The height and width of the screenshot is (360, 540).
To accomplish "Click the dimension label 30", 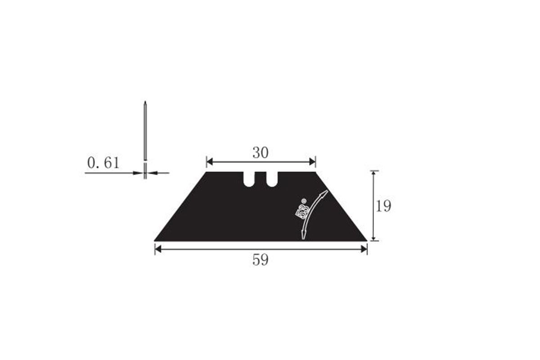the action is tap(261, 153).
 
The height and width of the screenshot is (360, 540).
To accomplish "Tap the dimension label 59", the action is tap(261, 260).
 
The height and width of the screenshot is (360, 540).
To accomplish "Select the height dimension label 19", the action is tap(383, 206).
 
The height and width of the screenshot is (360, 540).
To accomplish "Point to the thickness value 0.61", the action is tap(103, 163).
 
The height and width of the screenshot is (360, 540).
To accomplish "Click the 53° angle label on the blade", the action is tap(301, 209).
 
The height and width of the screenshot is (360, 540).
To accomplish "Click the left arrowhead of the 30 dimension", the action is tap(210, 162).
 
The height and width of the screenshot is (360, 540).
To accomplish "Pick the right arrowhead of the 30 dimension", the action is tap(312, 162).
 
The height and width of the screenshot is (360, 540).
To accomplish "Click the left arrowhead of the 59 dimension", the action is tap(158, 249).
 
